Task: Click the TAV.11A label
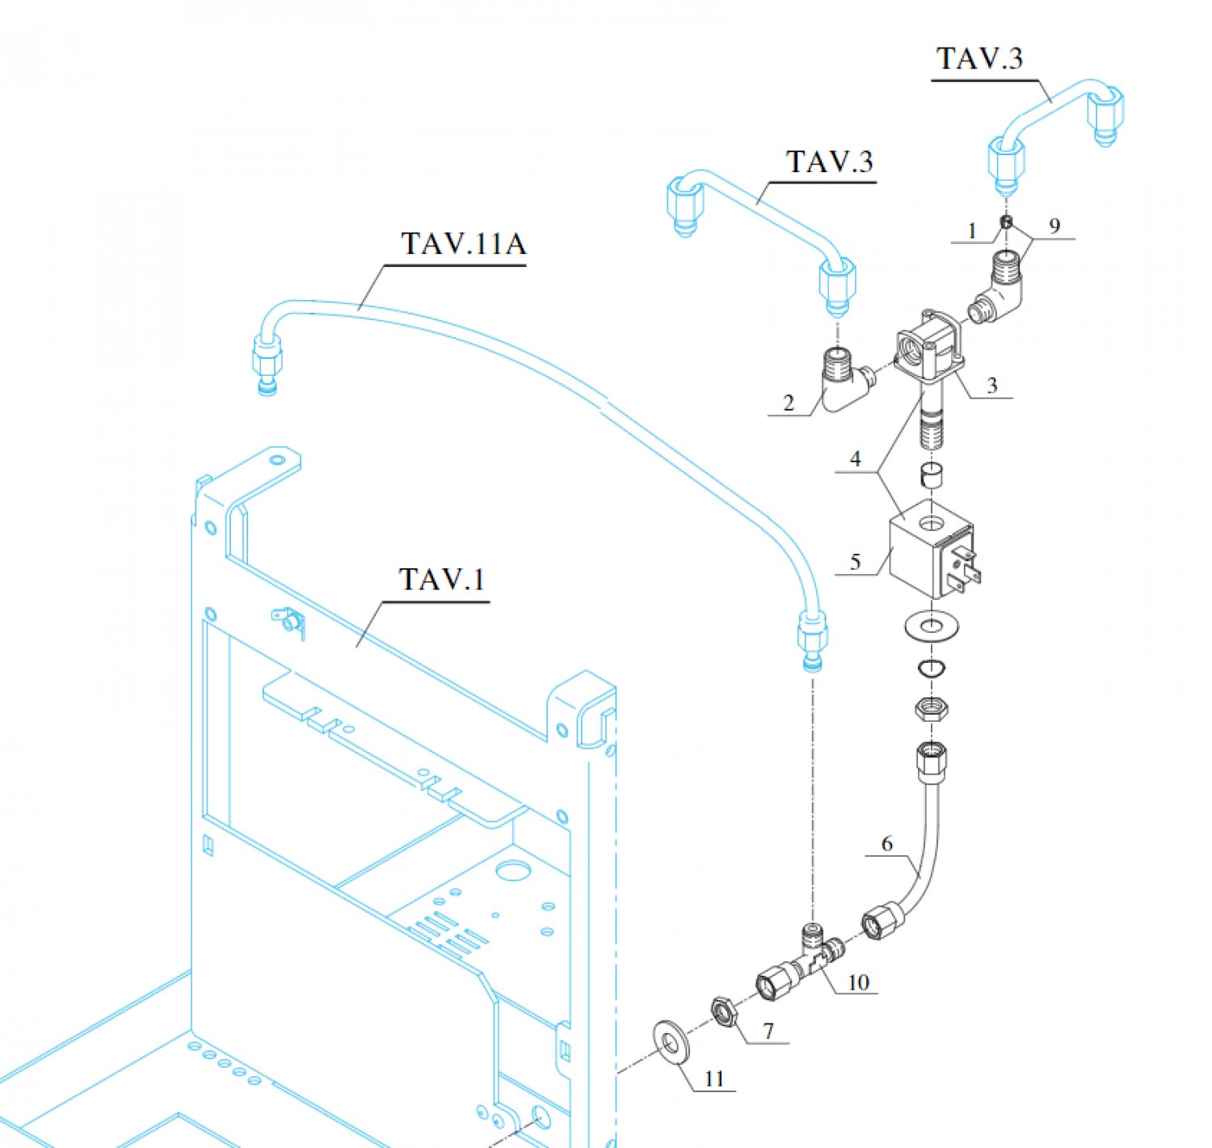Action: point(463,243)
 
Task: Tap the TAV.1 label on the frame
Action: point(441,580)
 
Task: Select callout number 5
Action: point(855,561)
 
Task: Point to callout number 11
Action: point(713,1078)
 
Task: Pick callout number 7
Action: point(768,1031)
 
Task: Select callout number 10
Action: point(858,981)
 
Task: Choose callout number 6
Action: point(886,843)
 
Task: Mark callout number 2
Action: point(789,402)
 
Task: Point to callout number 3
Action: point(991,386)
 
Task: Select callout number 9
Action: point(1054,226)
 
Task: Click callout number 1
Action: point(972,231)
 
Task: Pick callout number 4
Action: point(856,459)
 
